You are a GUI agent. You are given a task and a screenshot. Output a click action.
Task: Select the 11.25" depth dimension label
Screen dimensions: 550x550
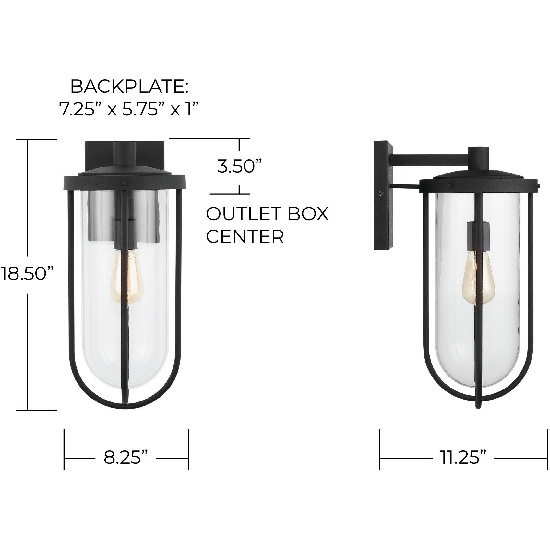[x=463, y=458]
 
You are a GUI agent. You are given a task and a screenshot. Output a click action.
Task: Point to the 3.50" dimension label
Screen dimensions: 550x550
[x=239, y=167]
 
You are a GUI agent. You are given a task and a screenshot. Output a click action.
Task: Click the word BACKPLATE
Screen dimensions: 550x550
[x=129, y=87]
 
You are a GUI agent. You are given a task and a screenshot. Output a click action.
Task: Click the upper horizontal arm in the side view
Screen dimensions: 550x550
[x=430, y=160]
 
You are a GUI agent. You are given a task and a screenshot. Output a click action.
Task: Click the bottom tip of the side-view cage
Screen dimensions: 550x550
[x=477, y=406]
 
